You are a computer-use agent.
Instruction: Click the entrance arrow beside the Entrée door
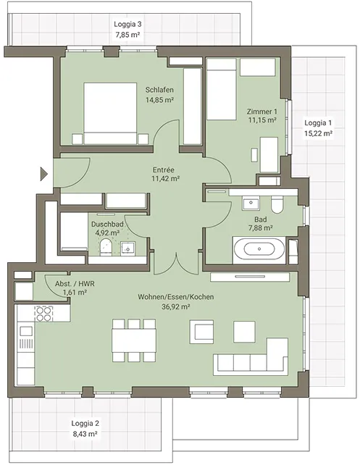pos(44,174)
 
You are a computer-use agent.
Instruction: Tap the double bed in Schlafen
pos(110,114)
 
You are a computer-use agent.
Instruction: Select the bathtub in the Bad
pos(259,249)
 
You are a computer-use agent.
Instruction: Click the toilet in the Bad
pos(277,204)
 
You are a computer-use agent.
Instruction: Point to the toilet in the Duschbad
pos(106,247)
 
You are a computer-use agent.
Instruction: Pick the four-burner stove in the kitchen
pos(43,314)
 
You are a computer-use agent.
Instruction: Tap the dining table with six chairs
pos(134,340)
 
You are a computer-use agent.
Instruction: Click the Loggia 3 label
pos(127,25)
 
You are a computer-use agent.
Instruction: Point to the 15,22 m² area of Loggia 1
pos(318,133)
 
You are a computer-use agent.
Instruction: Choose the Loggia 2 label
pos(85,424)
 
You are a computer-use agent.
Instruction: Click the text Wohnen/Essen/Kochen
pos(176,297)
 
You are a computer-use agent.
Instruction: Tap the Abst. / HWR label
pos(75,284)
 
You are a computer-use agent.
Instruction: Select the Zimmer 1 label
pos(262,112)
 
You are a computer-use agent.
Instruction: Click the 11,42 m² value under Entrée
pos(166,178)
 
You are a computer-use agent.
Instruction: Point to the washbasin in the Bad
pos(251,204)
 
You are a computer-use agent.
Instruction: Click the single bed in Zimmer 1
pos(222,89)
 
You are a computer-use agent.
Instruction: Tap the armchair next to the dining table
pos(201,331)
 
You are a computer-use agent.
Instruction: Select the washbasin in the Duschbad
pos(127,248)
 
